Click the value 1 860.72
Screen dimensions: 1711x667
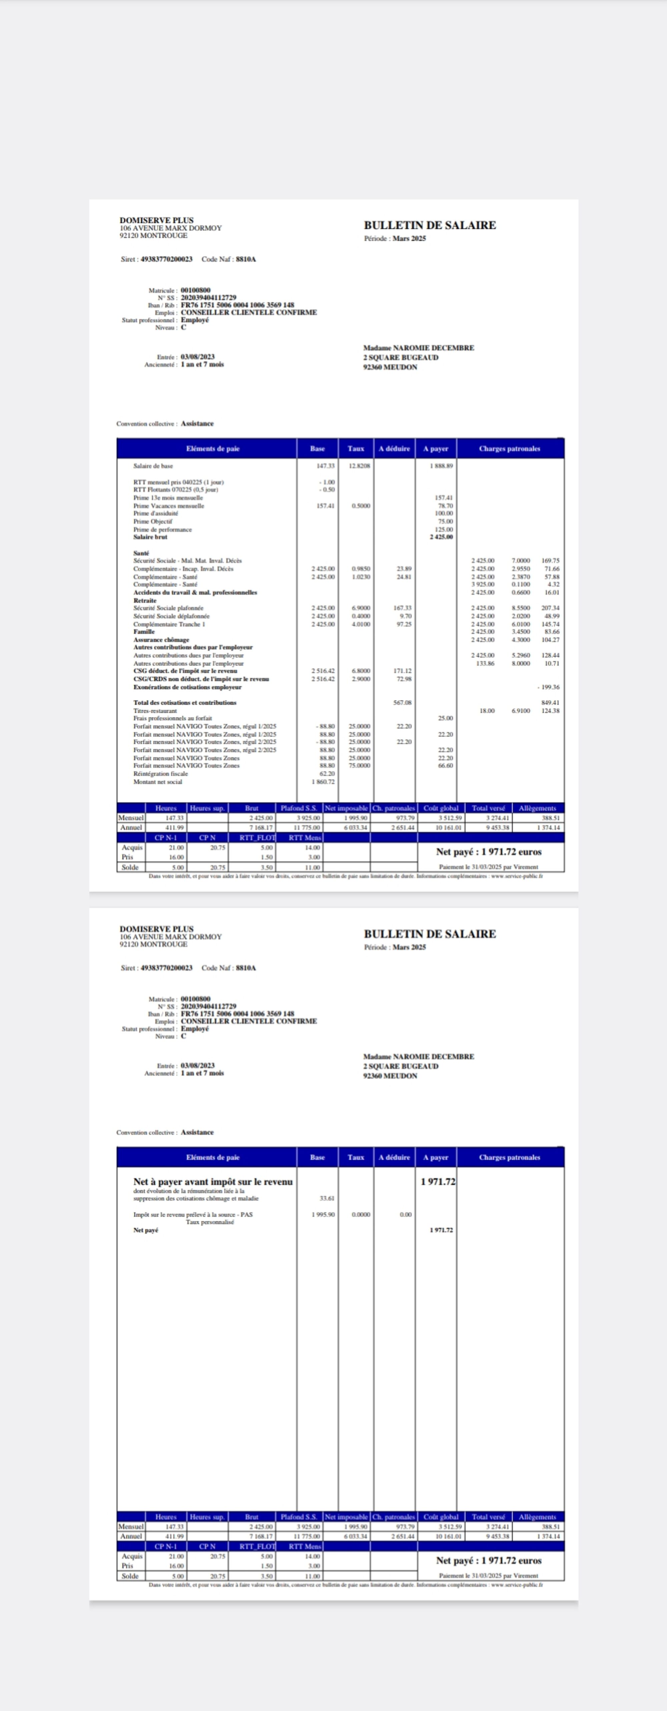(x=323, y=782)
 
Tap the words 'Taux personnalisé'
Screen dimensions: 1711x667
(x=210, y=1222)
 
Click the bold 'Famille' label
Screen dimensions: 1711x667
(x=144, y=632)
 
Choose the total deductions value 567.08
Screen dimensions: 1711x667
(x=402, y=703)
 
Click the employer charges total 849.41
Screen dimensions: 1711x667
(x=550, y=703)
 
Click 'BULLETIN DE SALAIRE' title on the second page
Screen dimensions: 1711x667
(x=430, y=934)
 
